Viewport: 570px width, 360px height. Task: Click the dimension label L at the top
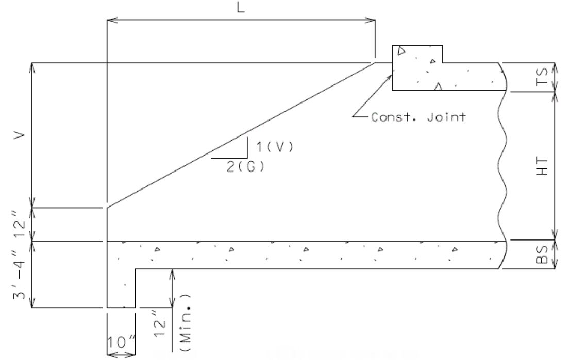pos(241,7)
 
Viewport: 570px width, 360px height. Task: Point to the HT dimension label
pos(542,166)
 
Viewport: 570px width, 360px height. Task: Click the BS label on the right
pos(542,254)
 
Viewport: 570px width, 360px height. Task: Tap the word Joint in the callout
pos(446,117)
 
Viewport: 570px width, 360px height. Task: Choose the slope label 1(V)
pos(275,147)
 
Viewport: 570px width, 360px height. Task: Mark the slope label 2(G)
pos(246,167)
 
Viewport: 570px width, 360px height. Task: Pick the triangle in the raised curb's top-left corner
pos(401,50)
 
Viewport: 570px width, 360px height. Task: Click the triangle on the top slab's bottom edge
pos(438,87)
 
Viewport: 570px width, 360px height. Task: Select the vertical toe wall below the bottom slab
pos(121,288)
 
